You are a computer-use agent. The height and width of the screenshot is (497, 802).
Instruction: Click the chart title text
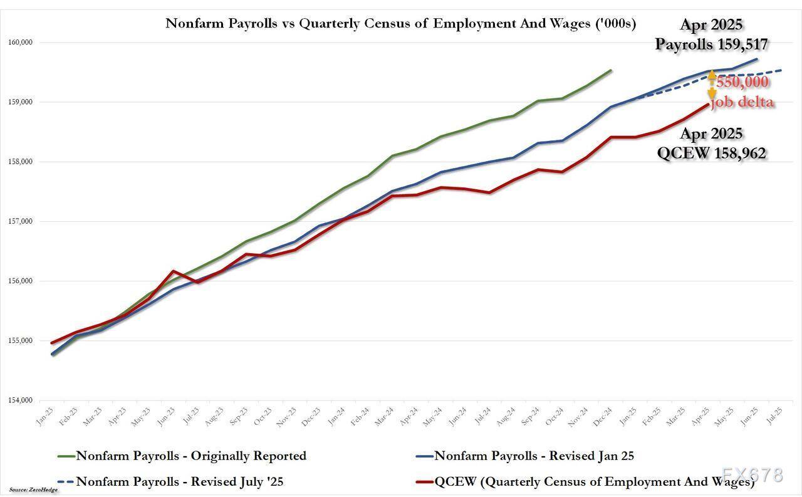pos(400,24)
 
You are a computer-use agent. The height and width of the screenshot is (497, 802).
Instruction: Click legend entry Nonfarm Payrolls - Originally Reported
pos(191,456)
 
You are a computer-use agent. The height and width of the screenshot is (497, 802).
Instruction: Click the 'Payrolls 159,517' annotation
pos(712,44)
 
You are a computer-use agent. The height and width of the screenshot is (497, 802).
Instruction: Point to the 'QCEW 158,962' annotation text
pos(711,153)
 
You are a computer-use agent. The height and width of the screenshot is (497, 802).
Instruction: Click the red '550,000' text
pos(742,82)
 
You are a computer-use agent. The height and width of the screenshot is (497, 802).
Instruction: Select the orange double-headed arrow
pos(712,85)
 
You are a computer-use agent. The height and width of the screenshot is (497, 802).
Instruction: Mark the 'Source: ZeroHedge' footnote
pos(33,489)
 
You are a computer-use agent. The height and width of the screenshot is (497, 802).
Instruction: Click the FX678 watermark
pos(752,474)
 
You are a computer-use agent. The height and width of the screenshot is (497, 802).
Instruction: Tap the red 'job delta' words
pos(742,102)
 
